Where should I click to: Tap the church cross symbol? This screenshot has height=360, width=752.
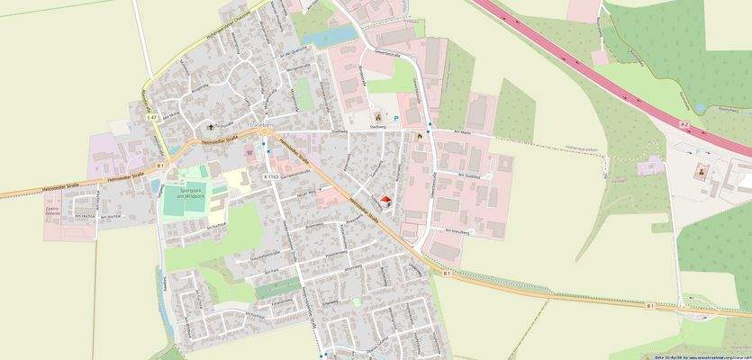coord(214,127)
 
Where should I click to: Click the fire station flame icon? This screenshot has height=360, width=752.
coord(418,135)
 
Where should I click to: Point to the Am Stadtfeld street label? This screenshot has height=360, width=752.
coord(470,174)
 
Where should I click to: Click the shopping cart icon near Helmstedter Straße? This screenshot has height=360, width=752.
coord(249,152)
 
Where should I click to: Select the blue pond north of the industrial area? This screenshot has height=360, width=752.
coord(326,37)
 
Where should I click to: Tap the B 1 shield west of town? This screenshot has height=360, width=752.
coord(159,166)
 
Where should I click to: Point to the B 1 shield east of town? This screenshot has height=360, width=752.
coord(650,306)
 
